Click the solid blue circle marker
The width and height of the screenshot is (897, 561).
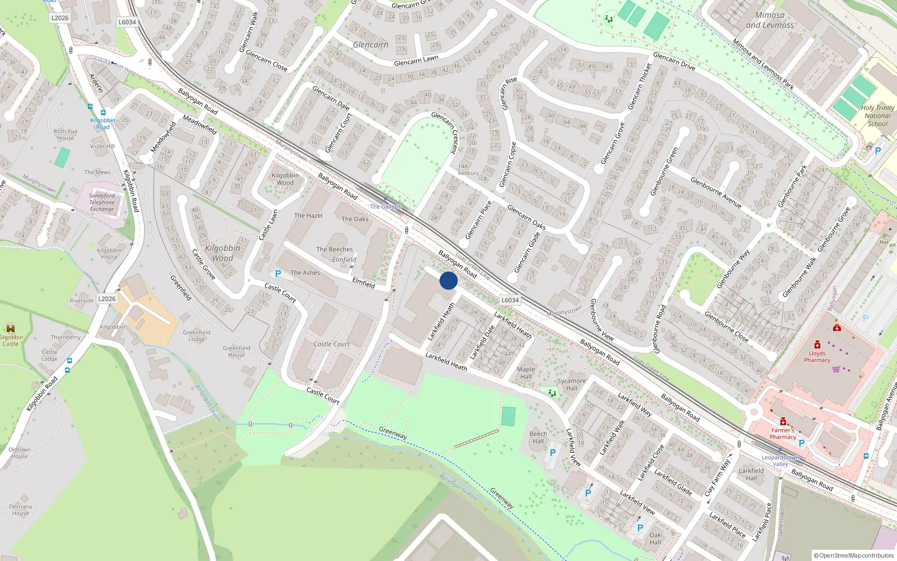coord(449,280)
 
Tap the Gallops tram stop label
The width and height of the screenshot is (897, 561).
coord(386,206)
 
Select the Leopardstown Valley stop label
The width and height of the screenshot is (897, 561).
coord(780,461)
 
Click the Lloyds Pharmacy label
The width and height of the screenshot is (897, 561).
coord(817,357)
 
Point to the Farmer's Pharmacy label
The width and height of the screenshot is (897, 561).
coord(783,434)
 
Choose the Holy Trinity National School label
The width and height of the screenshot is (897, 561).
coord(877,116)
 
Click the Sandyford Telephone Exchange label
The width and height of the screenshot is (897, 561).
coord(101,203)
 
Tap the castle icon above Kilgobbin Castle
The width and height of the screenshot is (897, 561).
coord(10,328)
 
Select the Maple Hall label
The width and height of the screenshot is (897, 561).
coord(526,373)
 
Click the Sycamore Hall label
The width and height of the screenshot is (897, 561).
coord(571,384)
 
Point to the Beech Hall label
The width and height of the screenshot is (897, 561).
coord(538,437)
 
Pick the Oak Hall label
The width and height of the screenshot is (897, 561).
coord(655,539)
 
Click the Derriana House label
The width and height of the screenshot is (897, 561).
coord(20,509)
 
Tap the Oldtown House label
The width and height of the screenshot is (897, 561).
coord(20,453)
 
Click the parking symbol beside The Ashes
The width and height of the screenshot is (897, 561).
coord(278,274)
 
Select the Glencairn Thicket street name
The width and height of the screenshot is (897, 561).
coord(640,86)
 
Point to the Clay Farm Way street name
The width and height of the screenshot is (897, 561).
coord(718,477)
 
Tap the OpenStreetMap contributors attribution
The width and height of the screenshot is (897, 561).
coord(854,555)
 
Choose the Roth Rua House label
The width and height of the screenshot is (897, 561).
coord(66,135)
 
